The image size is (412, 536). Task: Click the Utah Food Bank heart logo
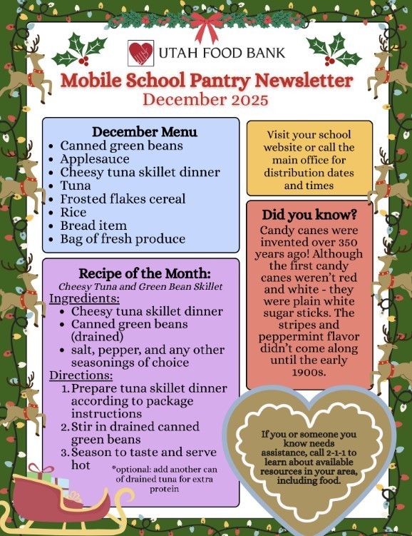click(140, 53)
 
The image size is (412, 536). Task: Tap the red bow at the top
click(207, 27)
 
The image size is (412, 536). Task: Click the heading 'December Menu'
click(145, 132)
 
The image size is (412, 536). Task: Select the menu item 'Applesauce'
click(93, 159)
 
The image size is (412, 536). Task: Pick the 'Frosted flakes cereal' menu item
click(123, 199)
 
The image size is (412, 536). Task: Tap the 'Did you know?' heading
click(310, 215)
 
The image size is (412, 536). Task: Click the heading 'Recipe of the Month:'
click(140, 273)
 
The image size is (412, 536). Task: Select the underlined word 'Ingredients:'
click(84, 298)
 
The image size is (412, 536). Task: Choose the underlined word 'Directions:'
click(81, 375)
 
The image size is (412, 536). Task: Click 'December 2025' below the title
click(206, 99)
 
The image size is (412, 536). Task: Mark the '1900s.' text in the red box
click(309, 372)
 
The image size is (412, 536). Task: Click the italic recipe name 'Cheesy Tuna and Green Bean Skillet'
click(141, 287)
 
